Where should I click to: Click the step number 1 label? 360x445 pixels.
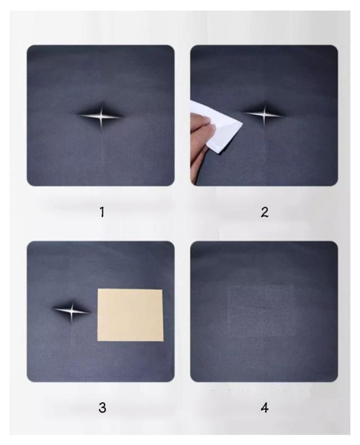pyautogui.click(x=102, y=212)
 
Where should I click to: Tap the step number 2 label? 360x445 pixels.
pyautogui.click(x=264, y=212)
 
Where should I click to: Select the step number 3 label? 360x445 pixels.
pyautogui.click(x=102, y=408)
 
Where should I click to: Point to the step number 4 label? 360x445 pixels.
pyautogui.click(x=264, y=408)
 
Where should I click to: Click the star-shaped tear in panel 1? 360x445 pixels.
pyautogui.click(x=101, y=116)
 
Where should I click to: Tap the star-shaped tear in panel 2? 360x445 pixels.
pyautogui.click(x=264, y=115)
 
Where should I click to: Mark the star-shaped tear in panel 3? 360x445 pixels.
pyautogui.click(x=72, y=311)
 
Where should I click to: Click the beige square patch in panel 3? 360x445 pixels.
pyautogui.click(x=130, y=315)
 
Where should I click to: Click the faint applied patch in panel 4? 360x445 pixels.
pyautogui.click(x=262, y=311)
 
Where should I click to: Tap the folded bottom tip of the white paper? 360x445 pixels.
pyautogui.click(x=218, y=152)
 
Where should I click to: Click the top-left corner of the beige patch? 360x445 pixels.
pyautogui.click(x=98, y=289)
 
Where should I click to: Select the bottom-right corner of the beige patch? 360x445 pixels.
pyautogui.click(x=163, y=341)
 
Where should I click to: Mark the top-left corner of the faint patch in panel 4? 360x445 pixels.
pyautogui.click(x=228, y=286)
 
